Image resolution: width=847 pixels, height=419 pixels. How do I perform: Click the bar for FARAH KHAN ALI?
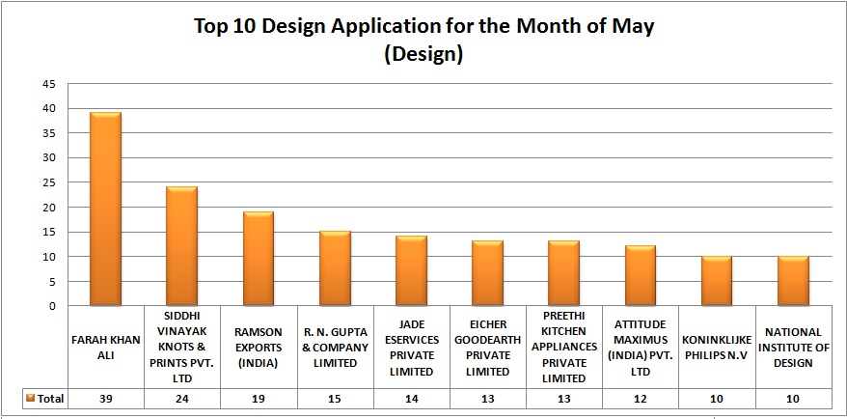point(105,210)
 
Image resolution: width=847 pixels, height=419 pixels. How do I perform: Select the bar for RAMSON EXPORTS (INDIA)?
point(259,259)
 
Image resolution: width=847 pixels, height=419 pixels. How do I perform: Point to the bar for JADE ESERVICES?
point(411,271)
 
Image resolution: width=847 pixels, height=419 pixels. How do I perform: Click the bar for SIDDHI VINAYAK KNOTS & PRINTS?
point(181,246)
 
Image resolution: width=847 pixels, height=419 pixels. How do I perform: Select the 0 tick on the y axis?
point(50,306)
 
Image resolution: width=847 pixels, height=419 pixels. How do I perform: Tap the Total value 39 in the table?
point(105,398)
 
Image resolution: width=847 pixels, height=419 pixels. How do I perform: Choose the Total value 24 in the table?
point(181,398)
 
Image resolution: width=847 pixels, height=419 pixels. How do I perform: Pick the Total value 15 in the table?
point(335,398)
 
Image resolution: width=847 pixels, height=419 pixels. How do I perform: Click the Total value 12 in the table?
point(641,398)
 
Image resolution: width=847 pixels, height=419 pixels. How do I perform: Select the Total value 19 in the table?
point(259,398)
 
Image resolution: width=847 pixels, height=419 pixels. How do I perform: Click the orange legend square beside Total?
point(31,398)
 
